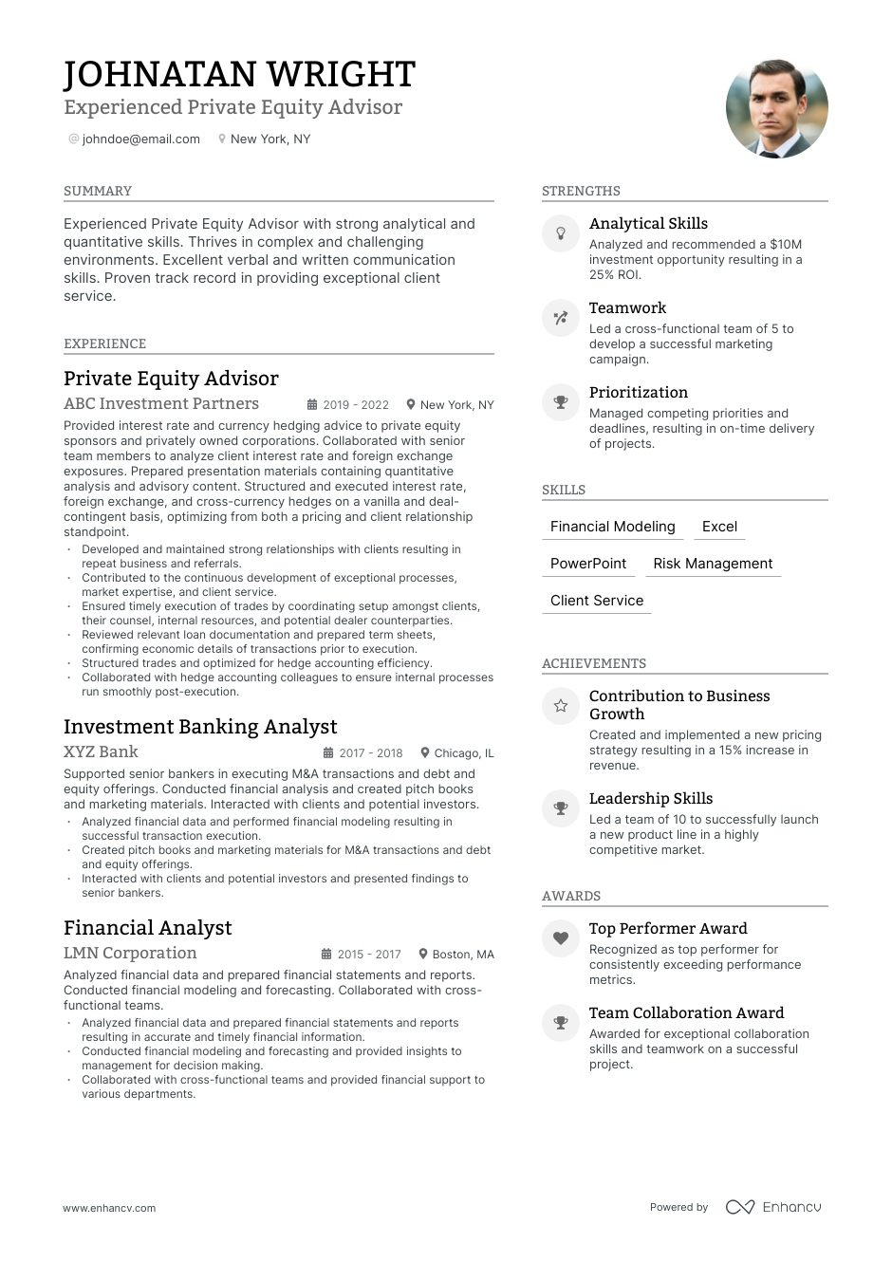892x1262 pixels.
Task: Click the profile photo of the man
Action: click(x=776, y=108)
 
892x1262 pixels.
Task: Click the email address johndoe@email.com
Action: click(x=140, y=139)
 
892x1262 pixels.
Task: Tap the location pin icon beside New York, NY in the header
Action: click(x=222, y=139)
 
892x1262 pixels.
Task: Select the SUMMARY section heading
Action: click(x=98, y=191)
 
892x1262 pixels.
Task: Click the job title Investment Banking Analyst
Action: click(x=200, y=727)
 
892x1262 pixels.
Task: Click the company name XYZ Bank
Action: click(x=101, y=752)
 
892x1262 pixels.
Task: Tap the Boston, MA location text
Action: click(x=463, y=954)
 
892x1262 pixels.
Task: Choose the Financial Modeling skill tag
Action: click(x=613, y=527)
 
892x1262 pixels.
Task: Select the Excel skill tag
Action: click(x=719, y=527)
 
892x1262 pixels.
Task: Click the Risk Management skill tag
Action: click(x=713, y=564)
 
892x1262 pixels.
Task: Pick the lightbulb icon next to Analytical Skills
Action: click(x=561, y=233)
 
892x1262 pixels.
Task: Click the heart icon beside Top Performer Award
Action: click(x=561, y=938)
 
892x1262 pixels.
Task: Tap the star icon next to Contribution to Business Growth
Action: click(x=561, y=706)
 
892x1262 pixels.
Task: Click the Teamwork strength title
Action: click(x=627, y=308)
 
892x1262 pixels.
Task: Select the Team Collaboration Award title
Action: click(x=686, y=1013)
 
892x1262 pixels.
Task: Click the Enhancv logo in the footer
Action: click(x=773, y=1207)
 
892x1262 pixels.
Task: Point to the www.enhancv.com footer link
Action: click(x=109, y=1208)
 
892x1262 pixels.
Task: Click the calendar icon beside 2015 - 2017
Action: click(x=326, y=954)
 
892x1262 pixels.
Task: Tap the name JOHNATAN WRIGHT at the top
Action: click(x=239, y=74)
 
